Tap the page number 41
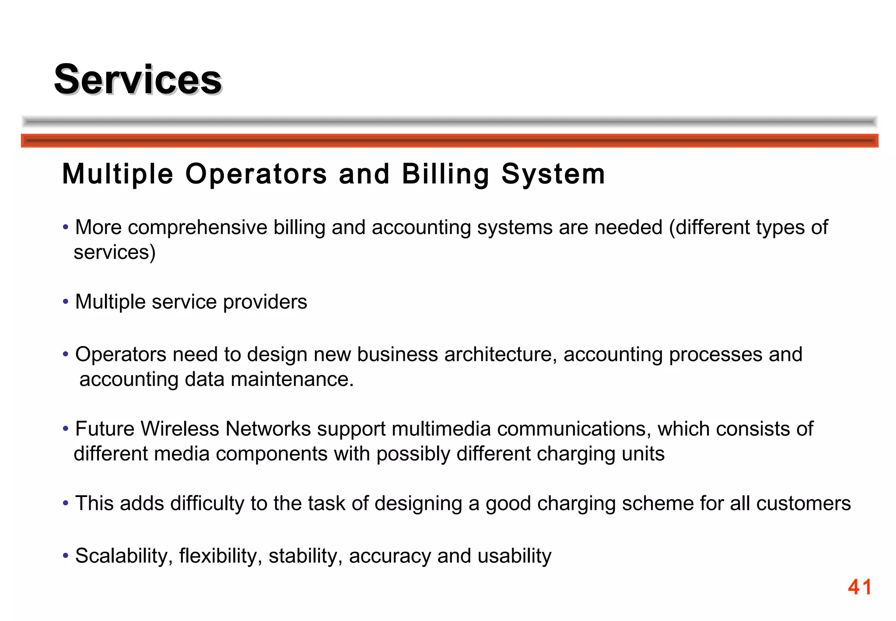coord(859,587)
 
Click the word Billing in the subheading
coord(445,174)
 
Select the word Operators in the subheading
coord(256,174)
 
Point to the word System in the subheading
coord(553,174)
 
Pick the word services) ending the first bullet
coord(115,252)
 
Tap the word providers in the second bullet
coord(265,302)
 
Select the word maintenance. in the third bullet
coord(292,379)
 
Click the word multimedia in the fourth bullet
coord(441,429)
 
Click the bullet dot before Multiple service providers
coord(66,302)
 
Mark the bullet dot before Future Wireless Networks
coord(66,429)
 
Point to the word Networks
coord(268,429)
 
